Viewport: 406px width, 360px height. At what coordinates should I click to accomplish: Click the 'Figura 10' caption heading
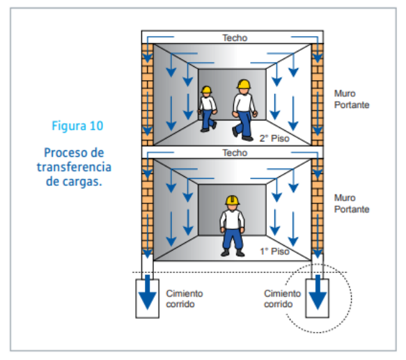(77, 126)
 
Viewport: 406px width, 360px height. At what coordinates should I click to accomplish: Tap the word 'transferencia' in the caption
(74, 167)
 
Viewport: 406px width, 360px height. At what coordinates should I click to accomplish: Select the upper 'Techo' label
(235, 38)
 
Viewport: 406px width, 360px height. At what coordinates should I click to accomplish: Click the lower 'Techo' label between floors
(235, 152)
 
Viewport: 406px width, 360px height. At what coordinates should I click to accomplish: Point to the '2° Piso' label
(274, 139)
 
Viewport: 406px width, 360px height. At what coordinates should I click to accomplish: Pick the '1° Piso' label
(274, 251)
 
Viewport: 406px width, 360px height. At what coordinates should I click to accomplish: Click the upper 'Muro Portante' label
(352, 99)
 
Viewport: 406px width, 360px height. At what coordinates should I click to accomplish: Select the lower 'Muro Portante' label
(352, 203)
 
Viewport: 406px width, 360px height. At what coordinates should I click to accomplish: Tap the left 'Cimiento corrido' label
(185, 299)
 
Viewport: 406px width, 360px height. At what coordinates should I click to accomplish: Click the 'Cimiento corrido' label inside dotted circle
(282, 299)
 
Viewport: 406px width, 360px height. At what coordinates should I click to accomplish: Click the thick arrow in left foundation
(148, 292)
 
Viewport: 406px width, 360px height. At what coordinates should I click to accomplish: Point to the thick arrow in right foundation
(318, 292)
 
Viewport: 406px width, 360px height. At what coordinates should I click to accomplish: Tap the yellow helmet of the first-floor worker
(232, 201)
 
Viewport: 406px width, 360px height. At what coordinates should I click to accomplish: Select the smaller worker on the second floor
(207, 109)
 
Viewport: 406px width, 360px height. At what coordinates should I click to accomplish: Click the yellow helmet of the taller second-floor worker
(244, 84)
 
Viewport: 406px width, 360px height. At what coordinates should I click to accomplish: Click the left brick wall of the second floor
(148, 95)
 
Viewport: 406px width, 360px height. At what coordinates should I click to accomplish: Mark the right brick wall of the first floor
(318, 206)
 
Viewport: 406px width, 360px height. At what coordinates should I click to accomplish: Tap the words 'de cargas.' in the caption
(74, 182)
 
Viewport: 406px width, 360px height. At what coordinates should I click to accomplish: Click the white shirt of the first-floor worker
(233, 219)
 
